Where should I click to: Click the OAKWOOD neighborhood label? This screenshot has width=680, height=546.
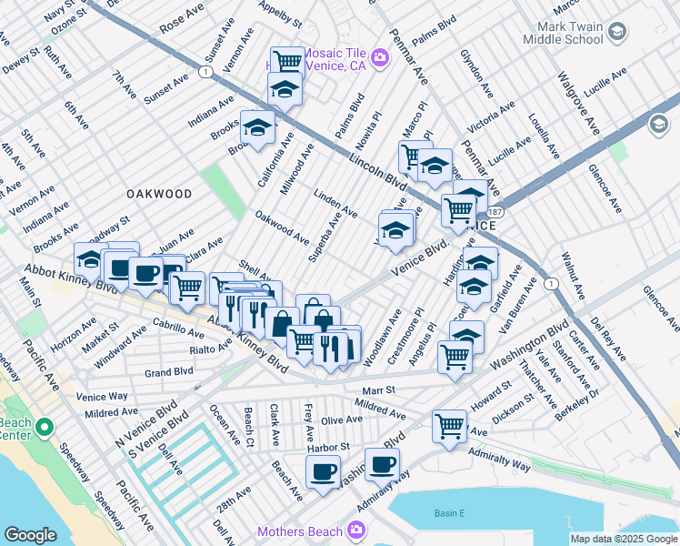pyautogui.click(x=159, y=194)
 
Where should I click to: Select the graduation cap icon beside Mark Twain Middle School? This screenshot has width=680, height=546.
pyautogui.click(x=618, y=33)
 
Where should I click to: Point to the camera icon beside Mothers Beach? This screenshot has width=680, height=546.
pyautogui.click(x=356, y=531)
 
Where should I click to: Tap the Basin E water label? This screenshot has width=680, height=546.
pyautogui.click(x=448, y=514)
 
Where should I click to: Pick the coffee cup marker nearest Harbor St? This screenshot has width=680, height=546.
pyautogui.click(x=322, y=471)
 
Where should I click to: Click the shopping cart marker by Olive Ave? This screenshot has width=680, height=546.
pyautogui.click(x=449, y=424)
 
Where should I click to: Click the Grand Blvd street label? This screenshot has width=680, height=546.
pyautogui.click(x=169, y=372)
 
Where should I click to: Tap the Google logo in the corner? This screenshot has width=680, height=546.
pyautogui.click(x=30, y=535)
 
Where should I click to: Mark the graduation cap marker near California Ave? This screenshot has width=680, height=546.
pyautogui.click(x=257, y=126)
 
